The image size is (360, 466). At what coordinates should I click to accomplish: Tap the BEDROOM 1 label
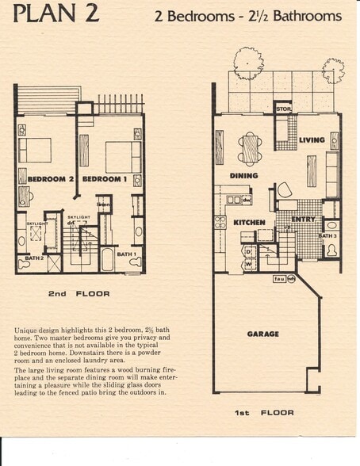[104, 179]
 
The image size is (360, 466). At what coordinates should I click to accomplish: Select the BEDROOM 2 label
[50, 179]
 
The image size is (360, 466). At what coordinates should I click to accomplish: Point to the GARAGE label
[262, 334]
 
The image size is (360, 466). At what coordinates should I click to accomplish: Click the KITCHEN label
[249, 223]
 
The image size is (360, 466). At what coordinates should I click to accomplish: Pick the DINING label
[243, 175]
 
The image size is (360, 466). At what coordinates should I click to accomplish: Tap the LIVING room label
[312, 140]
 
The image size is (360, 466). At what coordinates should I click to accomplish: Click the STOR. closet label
[284, 109]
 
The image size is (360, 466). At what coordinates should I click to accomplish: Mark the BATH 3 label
[327, 235]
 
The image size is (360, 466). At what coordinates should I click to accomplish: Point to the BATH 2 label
[33, 258]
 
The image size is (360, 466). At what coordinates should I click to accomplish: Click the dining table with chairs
[251, 147]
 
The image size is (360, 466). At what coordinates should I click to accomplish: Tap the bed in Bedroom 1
[123, 156]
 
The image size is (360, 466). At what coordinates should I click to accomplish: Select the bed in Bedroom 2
[34, 149]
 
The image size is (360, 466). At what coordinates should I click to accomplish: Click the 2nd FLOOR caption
[78, 293]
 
